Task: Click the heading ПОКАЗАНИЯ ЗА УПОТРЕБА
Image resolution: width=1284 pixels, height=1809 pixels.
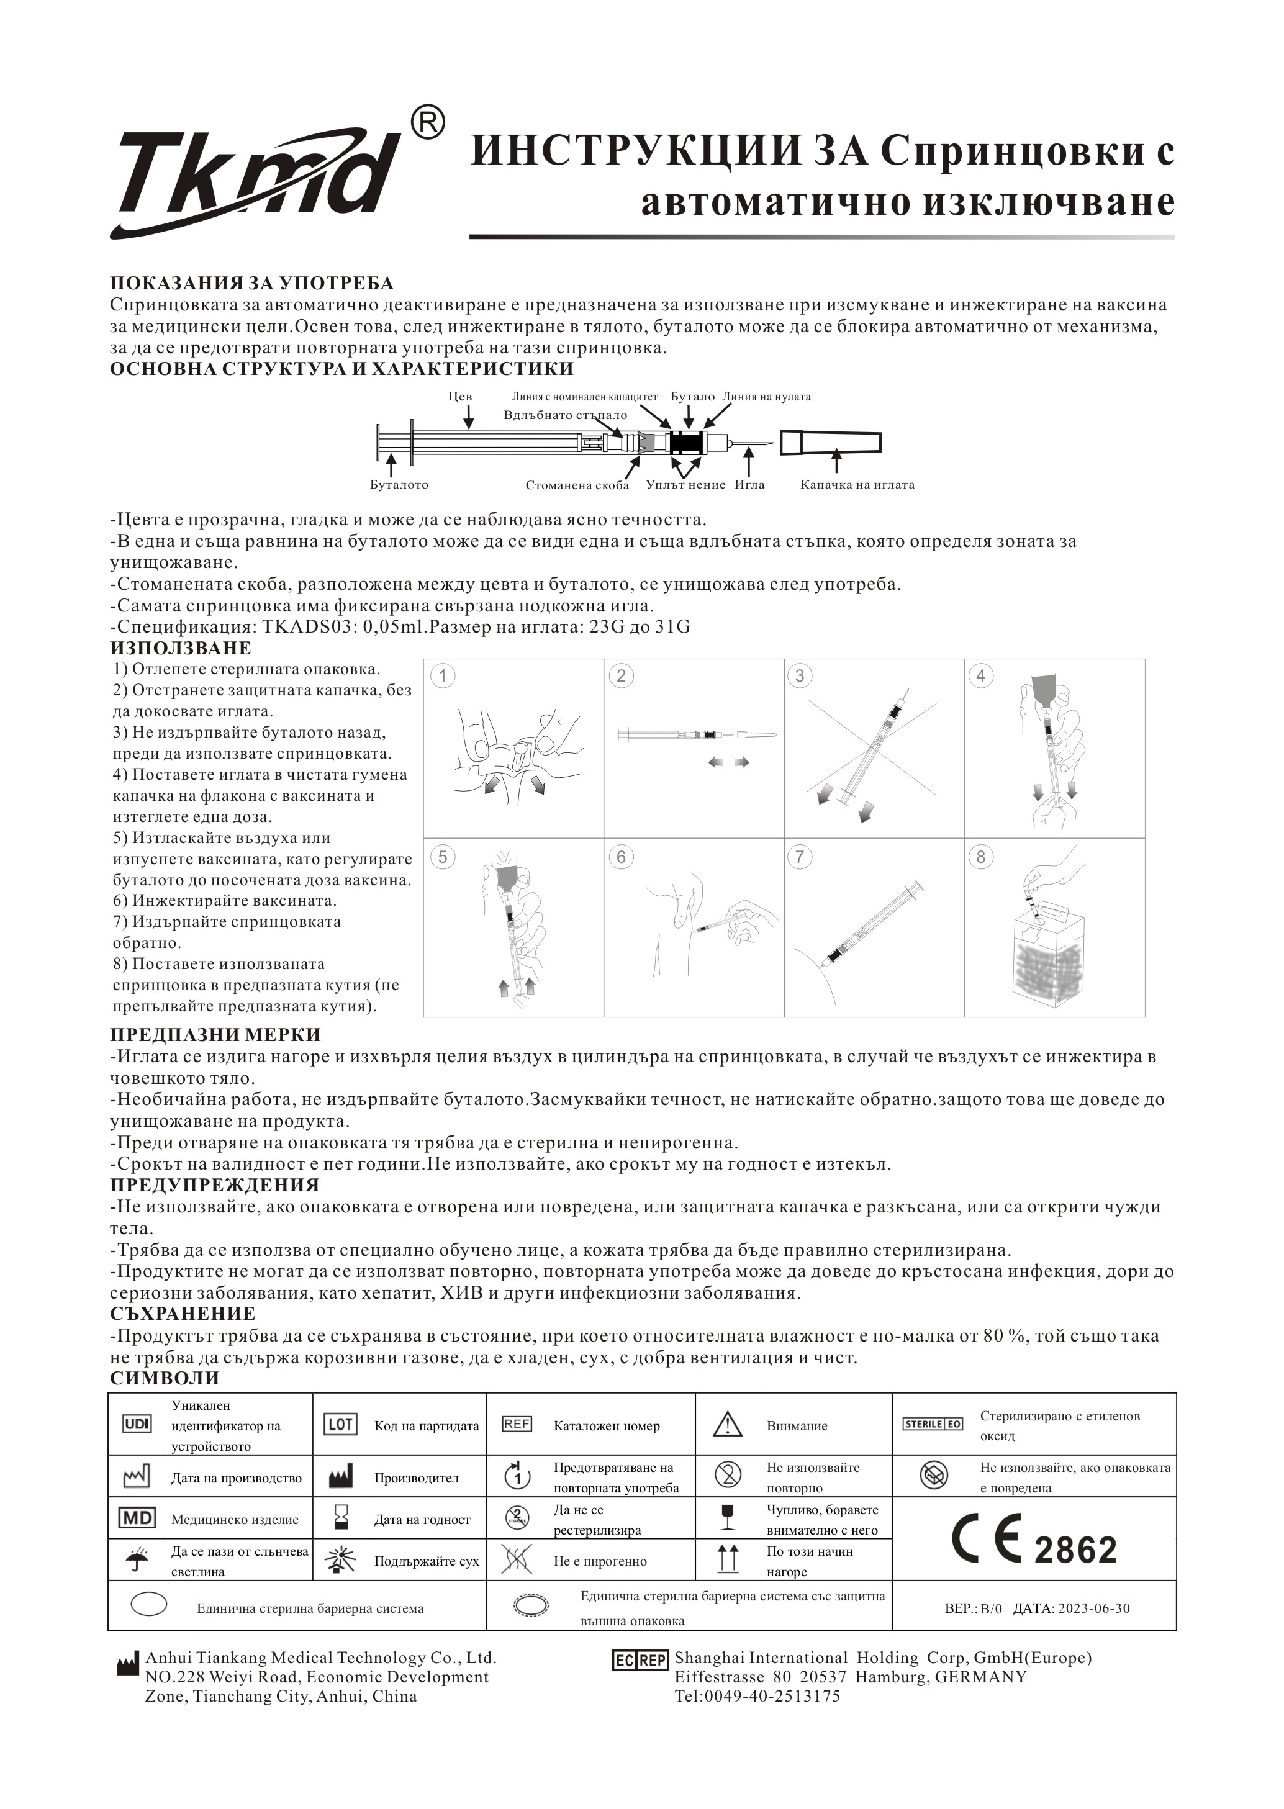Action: [251, 283]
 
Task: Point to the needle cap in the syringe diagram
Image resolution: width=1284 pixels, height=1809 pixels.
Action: [830, 443]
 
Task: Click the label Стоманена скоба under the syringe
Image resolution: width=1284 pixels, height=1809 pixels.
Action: [577, 485]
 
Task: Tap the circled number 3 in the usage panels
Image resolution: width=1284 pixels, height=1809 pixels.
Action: [799, 675]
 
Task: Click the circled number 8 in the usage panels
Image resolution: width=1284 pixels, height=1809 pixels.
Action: [980, 857]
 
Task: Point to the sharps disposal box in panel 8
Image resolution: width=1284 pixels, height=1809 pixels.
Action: [1049, 964]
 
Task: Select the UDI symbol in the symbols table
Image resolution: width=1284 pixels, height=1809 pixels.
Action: [136, 1423]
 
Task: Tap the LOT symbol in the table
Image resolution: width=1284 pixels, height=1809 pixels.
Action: [340, 1423]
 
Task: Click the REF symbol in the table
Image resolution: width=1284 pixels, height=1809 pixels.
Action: [517, 1423]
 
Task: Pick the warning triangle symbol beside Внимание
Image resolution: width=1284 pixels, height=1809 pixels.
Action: [726, 1424]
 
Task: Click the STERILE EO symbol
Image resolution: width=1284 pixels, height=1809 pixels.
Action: [933, 1423]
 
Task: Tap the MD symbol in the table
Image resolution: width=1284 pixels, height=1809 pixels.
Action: [136, 1518]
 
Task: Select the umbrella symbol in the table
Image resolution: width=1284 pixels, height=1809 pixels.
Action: [136, 1560]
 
